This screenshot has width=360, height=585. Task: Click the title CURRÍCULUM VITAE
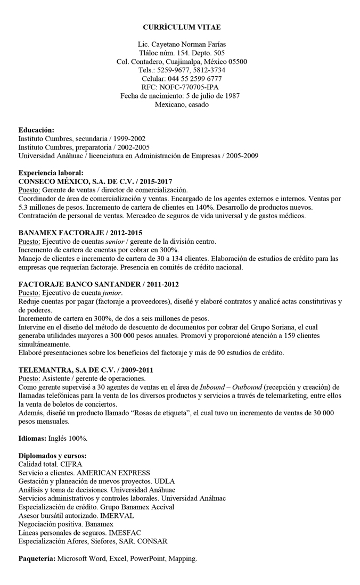click(182, 27)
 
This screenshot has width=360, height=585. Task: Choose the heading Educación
click(36, 130)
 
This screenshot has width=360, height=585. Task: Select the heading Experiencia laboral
click(51, 173)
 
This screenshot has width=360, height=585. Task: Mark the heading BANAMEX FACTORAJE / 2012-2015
click(80, 233)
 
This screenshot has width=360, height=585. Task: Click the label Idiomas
click(32, 438)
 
